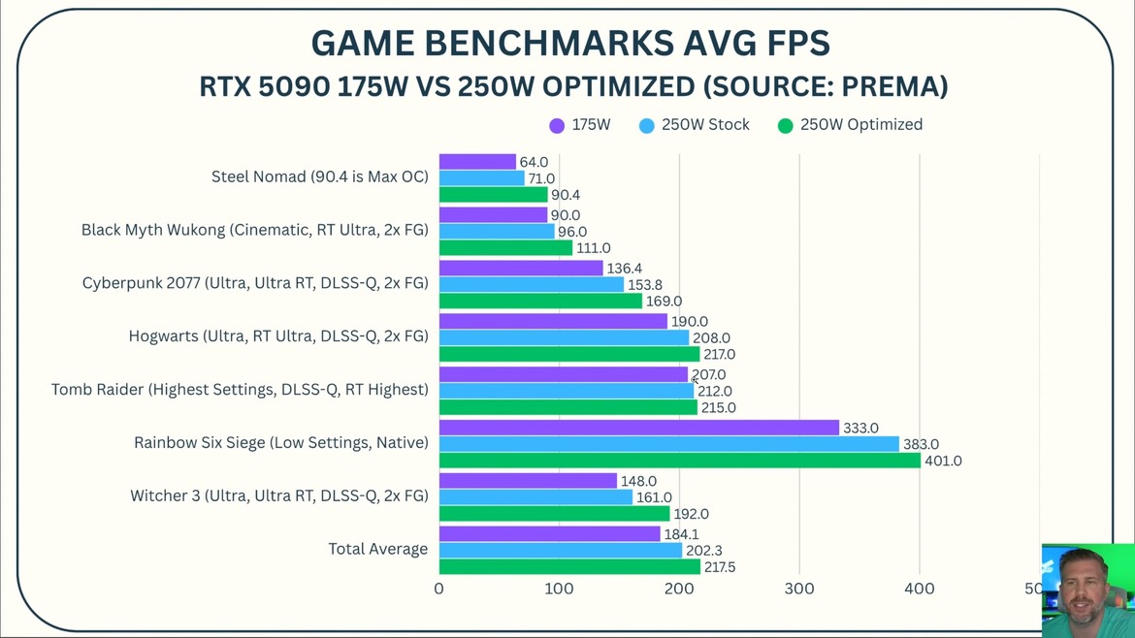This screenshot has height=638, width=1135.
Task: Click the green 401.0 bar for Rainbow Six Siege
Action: tap(679, 461)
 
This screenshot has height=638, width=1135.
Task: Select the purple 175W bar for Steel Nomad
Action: tap(477, 162)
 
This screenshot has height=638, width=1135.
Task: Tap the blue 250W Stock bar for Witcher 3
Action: tap(535, 497)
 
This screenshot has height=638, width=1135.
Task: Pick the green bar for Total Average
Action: tap(569, 567)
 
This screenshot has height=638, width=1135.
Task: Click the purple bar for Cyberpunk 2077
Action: tap(521, 269)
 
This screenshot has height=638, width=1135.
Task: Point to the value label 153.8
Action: tap(645, 285)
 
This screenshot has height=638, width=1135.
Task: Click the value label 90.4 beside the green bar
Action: tap(566, 195)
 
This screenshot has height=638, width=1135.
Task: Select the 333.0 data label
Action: tap(860, 428)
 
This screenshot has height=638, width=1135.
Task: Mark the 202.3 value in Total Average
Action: tap(704, 551)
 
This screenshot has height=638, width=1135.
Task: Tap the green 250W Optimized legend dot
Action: tap(786, 126)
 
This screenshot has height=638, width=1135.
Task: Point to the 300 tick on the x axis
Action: tap(799, 589)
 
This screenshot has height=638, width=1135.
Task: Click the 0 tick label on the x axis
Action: tap(439, 589)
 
